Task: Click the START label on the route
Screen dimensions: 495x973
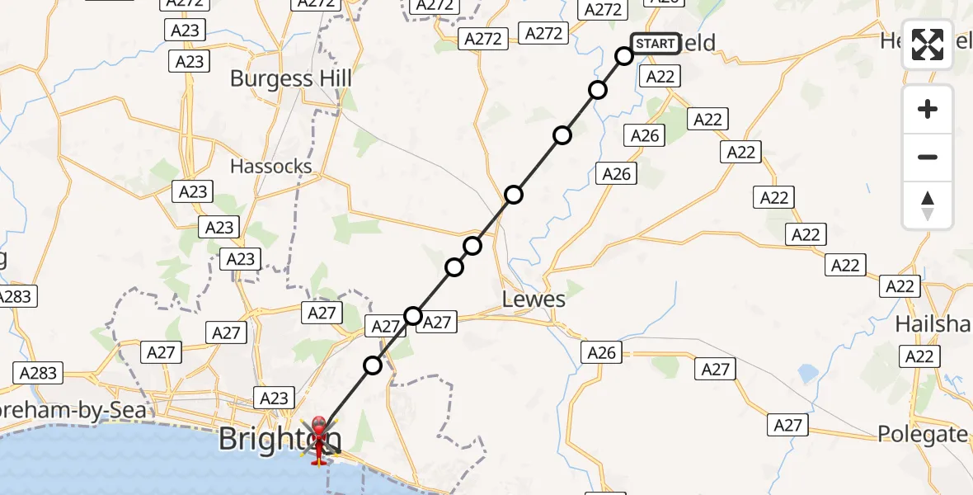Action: point(656,44)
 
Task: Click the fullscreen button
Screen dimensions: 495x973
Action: point(928,45)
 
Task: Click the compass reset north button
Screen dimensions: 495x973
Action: point(928,205)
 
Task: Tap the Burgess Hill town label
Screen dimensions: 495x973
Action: point(290,79)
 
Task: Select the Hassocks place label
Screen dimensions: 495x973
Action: point(271,166)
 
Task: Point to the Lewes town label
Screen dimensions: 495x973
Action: point(534,299)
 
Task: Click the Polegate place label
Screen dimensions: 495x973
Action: point(922,434)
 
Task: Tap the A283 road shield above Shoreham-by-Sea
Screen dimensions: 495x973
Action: point(38,374)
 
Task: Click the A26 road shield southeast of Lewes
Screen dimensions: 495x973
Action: point(601,353)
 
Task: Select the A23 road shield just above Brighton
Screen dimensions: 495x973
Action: point(274,398)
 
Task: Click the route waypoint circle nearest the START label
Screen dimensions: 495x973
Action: point(624,56)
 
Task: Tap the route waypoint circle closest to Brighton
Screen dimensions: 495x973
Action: point(373,365)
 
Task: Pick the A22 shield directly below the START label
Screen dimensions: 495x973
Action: point(660,77)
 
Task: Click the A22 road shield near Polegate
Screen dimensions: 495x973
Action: point(919,356)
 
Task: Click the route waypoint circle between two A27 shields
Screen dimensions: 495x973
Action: point(413,315)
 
